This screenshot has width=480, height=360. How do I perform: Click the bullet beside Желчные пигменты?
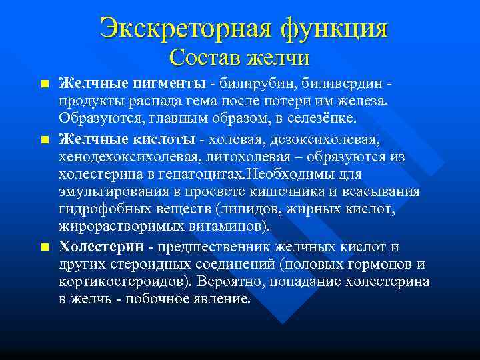tap(44, 85)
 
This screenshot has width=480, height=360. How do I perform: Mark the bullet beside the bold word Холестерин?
tap(44, 248)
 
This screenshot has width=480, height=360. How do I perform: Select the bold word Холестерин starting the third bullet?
tap(101, 247)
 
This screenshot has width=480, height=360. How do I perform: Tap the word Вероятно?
tap(229, 282)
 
